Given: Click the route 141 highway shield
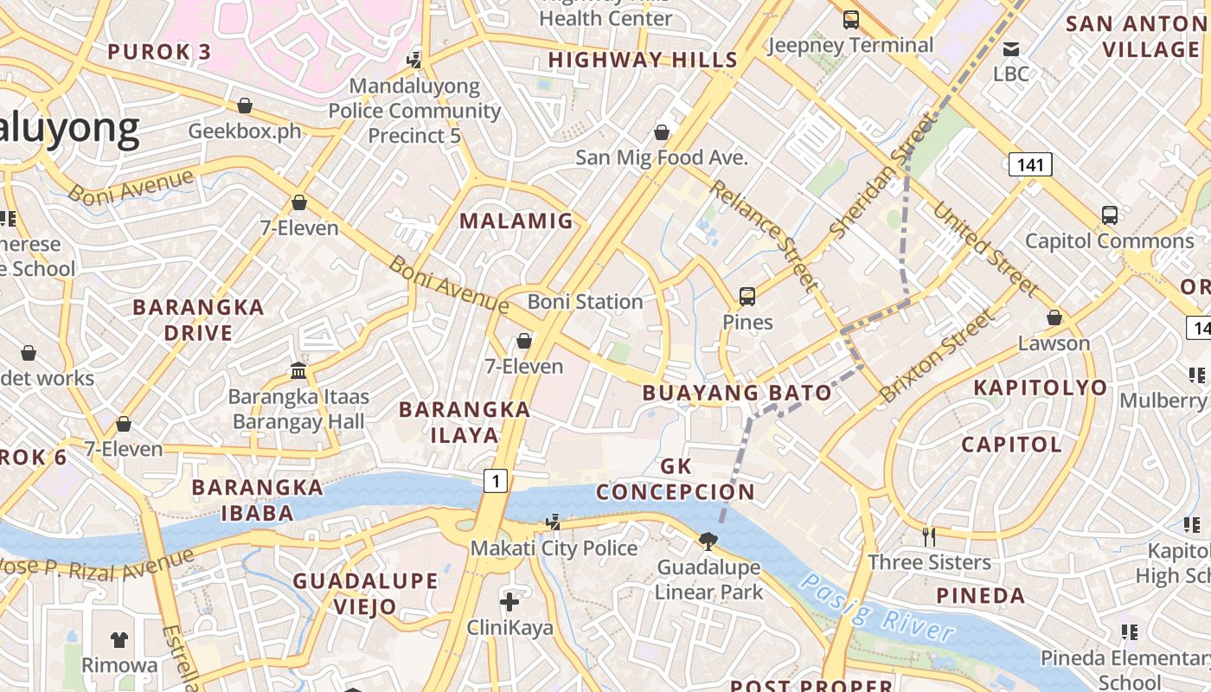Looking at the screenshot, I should pyautogui.click(x=1029, y=163).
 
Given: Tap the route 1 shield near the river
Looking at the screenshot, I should pyautogui.click(x=495, y=480).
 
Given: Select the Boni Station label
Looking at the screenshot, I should pyautogui.click(x=586, y=302).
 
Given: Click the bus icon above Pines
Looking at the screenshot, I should pyautogui.click(x=747, y=297).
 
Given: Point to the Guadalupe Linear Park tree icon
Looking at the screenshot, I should pyautogui.click(x=708, y=541).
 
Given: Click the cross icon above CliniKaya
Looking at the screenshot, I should pyautogui.click(x=509, y=601).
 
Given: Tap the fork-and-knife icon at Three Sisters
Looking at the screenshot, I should pyautogui.click(x=929, y=537).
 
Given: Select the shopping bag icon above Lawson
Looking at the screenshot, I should pyautogui.click(x=1054, y=317).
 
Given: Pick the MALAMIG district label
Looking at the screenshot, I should pyautogui.click(x=516, y=221).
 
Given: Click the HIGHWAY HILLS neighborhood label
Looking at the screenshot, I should pyautogui.click(x=643, y=60).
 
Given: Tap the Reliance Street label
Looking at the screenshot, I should pyautogui.click(x=764, y=234).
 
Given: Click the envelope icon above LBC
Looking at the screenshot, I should pyautogui.click(x=1010, y=48).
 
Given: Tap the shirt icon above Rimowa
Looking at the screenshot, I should pyautogui.click(x=119, y=639).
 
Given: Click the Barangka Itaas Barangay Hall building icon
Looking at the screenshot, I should pyautogui.click(x=298, y=370).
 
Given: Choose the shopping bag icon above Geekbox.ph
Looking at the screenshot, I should pyautogui.click(x=245, y=106).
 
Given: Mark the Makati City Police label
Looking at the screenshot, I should pyautogui.click(x=554, y=548).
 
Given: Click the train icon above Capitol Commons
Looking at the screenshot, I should pyautogui.click(x=1109, y=215).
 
